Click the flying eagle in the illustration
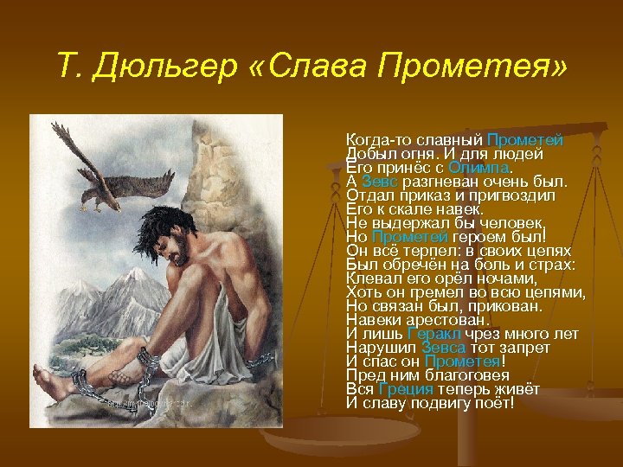coord(87,169)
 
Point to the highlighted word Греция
coord(407,389)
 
